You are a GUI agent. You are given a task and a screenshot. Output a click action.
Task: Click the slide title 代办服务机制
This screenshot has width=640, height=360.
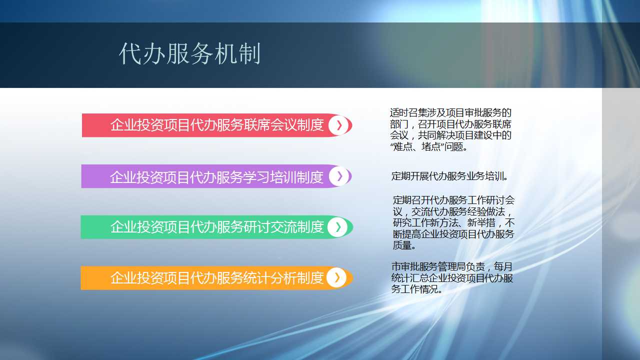tap(189, 53)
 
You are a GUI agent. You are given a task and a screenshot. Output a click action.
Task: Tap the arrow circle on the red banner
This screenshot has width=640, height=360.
tap(339, 125)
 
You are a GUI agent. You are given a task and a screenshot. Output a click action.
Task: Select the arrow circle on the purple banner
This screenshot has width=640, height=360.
tap(339, 176)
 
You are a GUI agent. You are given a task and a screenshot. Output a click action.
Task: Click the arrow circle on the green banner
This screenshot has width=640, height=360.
tap(338, 227)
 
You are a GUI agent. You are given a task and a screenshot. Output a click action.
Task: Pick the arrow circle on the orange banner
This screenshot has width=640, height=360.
tap(337, 277)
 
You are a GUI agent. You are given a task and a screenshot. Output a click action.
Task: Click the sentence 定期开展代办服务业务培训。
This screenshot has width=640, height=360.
tap(449, 176)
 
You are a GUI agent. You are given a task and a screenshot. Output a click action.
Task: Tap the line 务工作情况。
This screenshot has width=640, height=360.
tap(417, 289)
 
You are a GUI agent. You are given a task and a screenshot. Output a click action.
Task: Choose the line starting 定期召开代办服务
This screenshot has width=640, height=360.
tap(453, 200)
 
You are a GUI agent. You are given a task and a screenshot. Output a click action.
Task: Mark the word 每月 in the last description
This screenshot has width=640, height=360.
tap(503, 267)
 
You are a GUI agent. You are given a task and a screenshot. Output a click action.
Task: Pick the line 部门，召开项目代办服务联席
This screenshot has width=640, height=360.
tap(450, 124)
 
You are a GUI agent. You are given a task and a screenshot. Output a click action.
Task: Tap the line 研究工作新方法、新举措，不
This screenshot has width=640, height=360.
tap(453, 222)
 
